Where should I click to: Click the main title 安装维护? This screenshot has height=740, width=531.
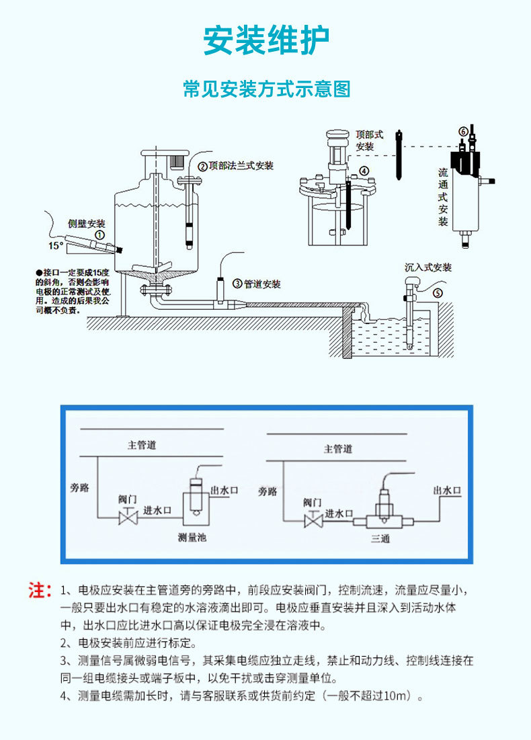(266, 41)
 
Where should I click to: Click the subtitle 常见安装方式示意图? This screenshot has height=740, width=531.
(266, 89)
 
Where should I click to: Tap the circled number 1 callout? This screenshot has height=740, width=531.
(99, 235)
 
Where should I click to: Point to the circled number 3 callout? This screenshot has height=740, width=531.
(237, 284)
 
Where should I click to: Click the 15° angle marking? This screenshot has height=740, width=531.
(55, 246)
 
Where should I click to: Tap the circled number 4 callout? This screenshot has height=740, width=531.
(364, 171)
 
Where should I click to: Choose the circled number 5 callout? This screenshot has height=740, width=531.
(438, 292)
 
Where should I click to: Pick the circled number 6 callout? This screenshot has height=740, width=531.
(462, 130)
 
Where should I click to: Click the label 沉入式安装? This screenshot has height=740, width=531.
(428, 268)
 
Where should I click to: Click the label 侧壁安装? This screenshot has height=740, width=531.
(87, 223)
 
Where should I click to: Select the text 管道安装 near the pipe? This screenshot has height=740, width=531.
(262, 284)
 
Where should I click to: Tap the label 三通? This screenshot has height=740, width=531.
(380, 538)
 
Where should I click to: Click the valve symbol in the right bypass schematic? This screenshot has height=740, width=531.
(312, 520)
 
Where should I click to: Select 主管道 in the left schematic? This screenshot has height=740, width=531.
(142, 444)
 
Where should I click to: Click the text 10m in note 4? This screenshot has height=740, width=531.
(397, 696)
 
